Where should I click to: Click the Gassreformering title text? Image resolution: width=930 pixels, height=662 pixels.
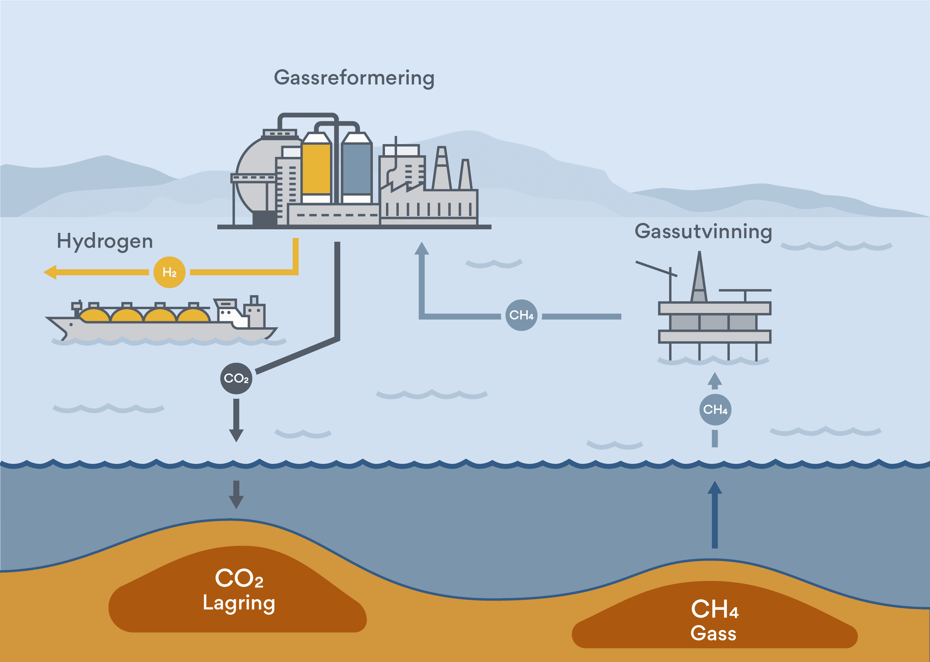[354, 77]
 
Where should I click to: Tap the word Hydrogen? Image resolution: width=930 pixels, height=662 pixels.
[105, 241]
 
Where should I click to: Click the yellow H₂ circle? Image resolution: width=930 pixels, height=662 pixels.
[169, 272]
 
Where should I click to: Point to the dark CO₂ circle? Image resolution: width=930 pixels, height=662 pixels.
[236, 378]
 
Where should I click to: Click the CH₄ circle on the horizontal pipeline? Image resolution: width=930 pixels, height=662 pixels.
[521, 315]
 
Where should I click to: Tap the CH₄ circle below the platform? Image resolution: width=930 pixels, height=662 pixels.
[715, 409]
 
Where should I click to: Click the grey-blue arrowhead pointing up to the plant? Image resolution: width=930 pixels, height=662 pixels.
[422, 249]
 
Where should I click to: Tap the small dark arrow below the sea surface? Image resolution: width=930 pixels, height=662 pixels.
[236, 494]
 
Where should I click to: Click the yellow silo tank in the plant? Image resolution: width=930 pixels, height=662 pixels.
[316, 169]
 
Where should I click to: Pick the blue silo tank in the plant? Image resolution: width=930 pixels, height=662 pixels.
[357, 169]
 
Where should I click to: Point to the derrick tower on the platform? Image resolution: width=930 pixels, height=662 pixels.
[699, 279]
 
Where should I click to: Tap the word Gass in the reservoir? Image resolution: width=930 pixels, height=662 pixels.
[713, 633]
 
